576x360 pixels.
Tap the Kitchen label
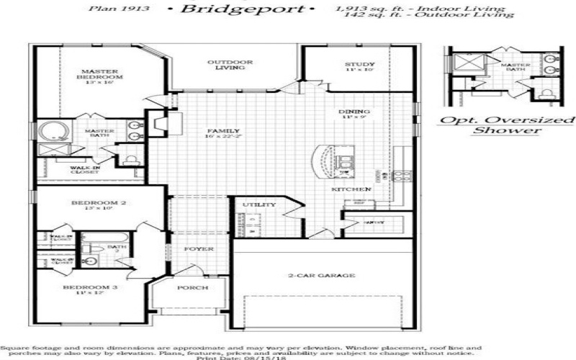[351, 189]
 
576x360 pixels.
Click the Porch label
[192, 287]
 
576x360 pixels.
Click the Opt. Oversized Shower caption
[508, 125]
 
